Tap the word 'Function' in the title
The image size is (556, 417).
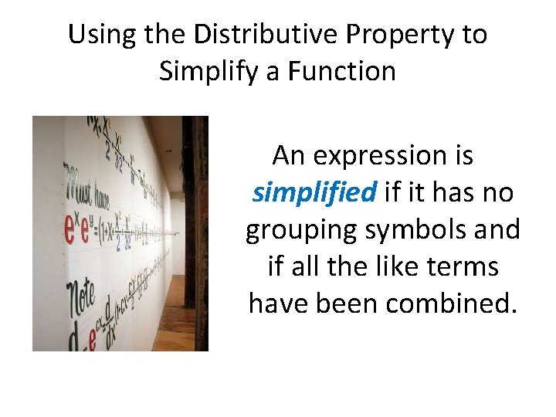[x=343, y=72]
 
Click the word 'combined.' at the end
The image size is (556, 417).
[x=449, y=303]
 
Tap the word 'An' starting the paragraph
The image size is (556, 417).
[x=289, y=157]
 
